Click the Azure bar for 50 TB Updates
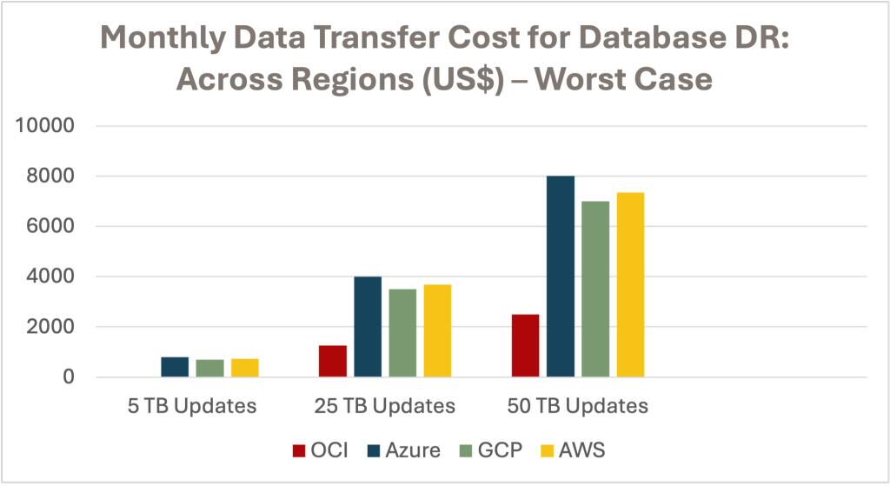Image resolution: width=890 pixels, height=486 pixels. [x=561, y=276]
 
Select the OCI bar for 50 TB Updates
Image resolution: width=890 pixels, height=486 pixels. [x=525, y=345]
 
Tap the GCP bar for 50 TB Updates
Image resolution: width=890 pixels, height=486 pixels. [x=595, y=289]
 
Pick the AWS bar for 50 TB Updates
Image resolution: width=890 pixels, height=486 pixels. [x=630, y=284]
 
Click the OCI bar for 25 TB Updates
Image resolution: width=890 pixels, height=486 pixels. [x=332, y=361]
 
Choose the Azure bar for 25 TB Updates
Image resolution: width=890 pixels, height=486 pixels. [x=368, y=327]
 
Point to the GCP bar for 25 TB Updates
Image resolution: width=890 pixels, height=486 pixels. [x=402, y=333]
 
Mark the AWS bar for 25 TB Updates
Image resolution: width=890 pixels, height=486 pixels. [x=437, y=330]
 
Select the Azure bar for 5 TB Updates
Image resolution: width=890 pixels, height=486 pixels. [x=175, y=367]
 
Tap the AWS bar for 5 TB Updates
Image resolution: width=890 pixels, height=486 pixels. [x=244, y=368]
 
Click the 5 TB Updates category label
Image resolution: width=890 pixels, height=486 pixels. [x=192, y=406]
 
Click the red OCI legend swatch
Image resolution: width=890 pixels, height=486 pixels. [x=299, y=450]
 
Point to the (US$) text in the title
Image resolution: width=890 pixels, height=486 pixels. [x=462, y=79]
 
